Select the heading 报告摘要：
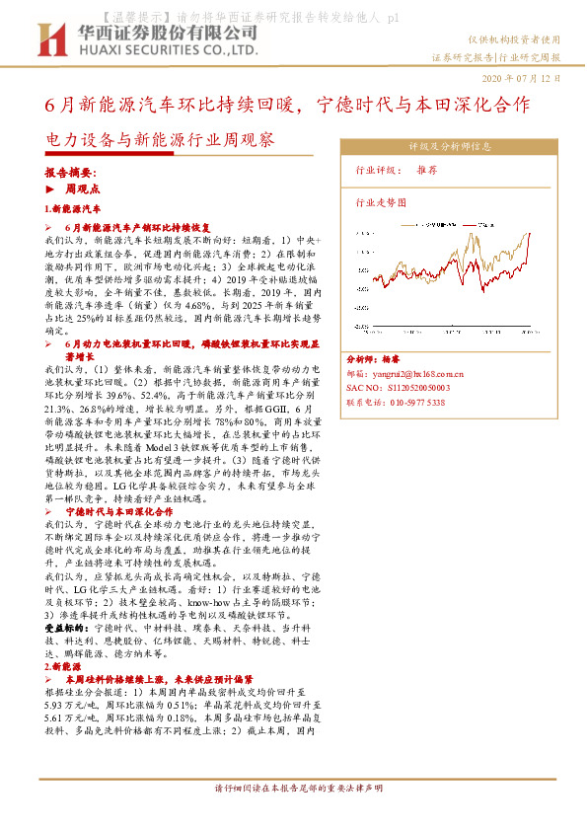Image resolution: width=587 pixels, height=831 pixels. pos(71,171)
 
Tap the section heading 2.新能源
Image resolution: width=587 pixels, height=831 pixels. pos(63,667)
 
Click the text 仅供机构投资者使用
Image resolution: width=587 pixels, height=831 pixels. pos(512,39)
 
